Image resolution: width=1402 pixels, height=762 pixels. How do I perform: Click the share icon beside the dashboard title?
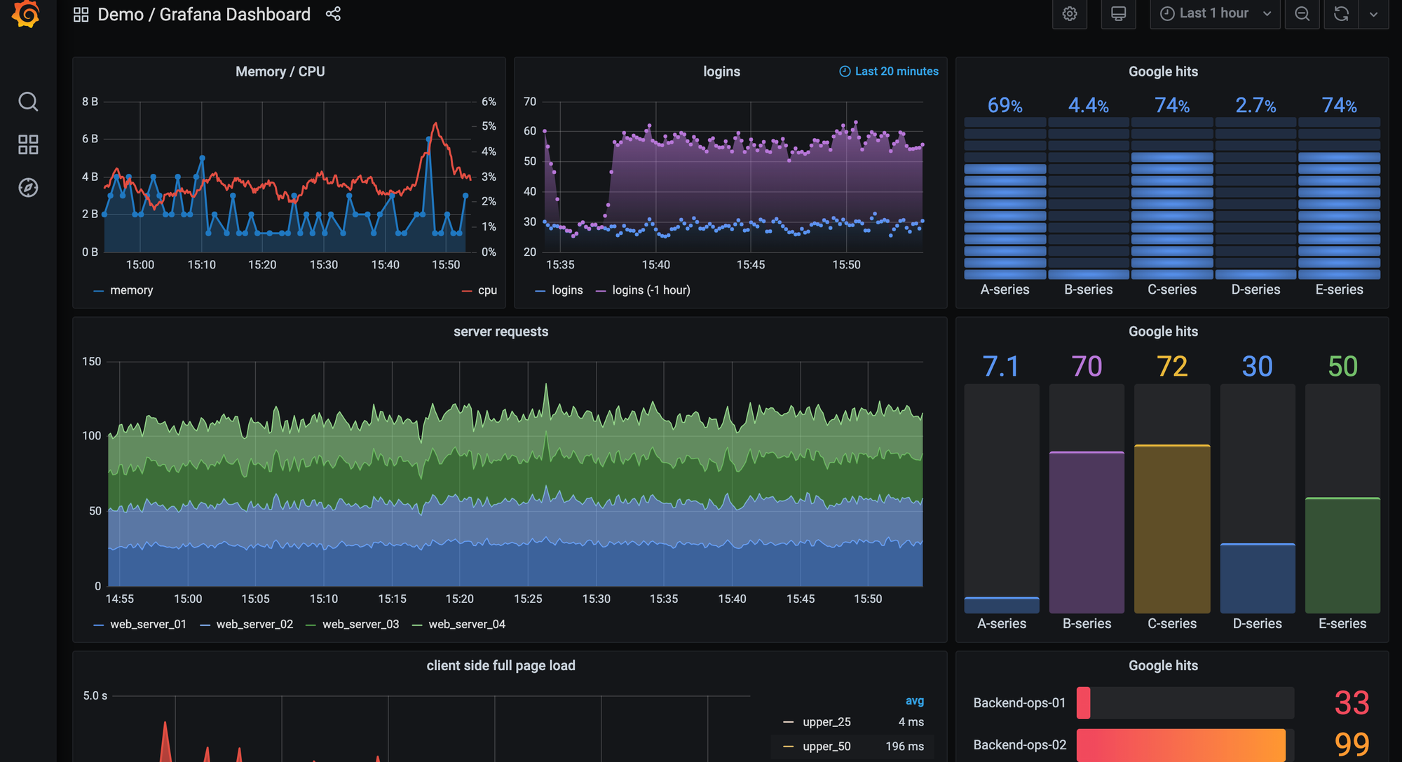pyautogui.click(x=333, y=14)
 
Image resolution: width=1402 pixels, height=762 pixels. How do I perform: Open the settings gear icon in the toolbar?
pyautogui.click(x=1069, y=14)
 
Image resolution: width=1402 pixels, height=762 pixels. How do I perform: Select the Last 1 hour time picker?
pyautogui.click(x=1214, y=14)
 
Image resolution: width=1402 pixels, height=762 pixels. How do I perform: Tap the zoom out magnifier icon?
pyautogui.click(x=1302, y=14)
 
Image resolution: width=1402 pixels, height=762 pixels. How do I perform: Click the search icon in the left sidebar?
pyautogui.click(x=28, y=102)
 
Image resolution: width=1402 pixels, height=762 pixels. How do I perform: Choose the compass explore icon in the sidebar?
pyautogui.click(x=28, y=188)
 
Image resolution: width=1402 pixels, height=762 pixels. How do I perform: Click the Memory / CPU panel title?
pyautogui.click(x=280, y=72)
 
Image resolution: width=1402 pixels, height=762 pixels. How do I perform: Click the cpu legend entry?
pyautogui.click(x=486, y=290)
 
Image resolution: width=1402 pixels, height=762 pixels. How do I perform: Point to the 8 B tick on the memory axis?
pyautogui.click(x=90, y=102)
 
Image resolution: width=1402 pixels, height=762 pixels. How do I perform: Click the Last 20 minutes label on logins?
pyautogui.click(x=895, y=72)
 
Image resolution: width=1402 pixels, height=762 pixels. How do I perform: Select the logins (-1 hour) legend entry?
pyautogui.click(x=651, y=290)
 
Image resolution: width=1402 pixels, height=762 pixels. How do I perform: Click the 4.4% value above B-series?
pyautogui.click(x=1088, y=105)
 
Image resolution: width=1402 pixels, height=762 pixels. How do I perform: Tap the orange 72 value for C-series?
pyautogui.click(x=1171, y=367)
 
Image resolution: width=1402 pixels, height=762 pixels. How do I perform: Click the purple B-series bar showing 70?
pyautogui.click(x=1087, y=533)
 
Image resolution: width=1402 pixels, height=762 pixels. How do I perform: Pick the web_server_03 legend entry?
pyautogui.click(x=360, y=625)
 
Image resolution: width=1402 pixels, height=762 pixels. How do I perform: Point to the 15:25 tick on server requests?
pyautogui.click(x=528, y=599)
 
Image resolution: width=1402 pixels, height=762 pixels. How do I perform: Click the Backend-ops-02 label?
pyautogui.click(x=1019, y=745)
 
